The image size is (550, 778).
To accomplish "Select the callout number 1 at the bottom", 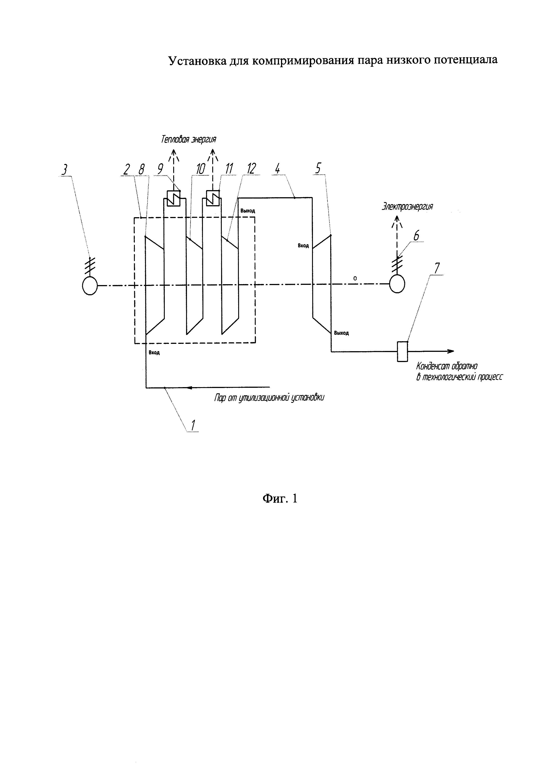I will pos(193,425).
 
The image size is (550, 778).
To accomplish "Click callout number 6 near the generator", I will pos(416,236).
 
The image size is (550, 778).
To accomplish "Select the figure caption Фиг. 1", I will pos(280,498).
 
